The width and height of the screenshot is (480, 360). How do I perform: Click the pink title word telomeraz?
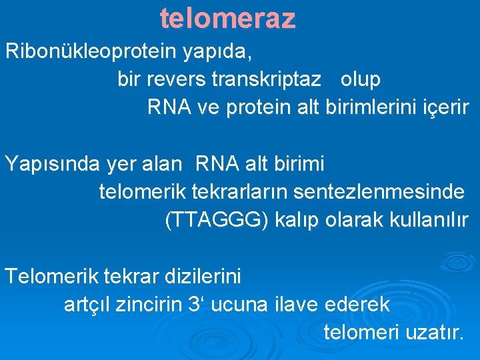pyautogui.click(x=228, y=19)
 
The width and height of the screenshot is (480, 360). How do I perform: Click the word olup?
pyautogui.click(x=361, y=79)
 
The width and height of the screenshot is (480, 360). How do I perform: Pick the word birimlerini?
pyautogui.click(x=367, y=107)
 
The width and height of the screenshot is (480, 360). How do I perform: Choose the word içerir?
pyautogui.click(x=441, y=107)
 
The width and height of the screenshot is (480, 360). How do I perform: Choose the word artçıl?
pyautogui.click(x=87, y=304)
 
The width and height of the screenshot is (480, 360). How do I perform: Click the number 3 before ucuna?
pyautogui.click(x=195, y=304)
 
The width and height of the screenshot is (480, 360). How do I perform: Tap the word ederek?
pyautogui.click(x=358, y=304)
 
